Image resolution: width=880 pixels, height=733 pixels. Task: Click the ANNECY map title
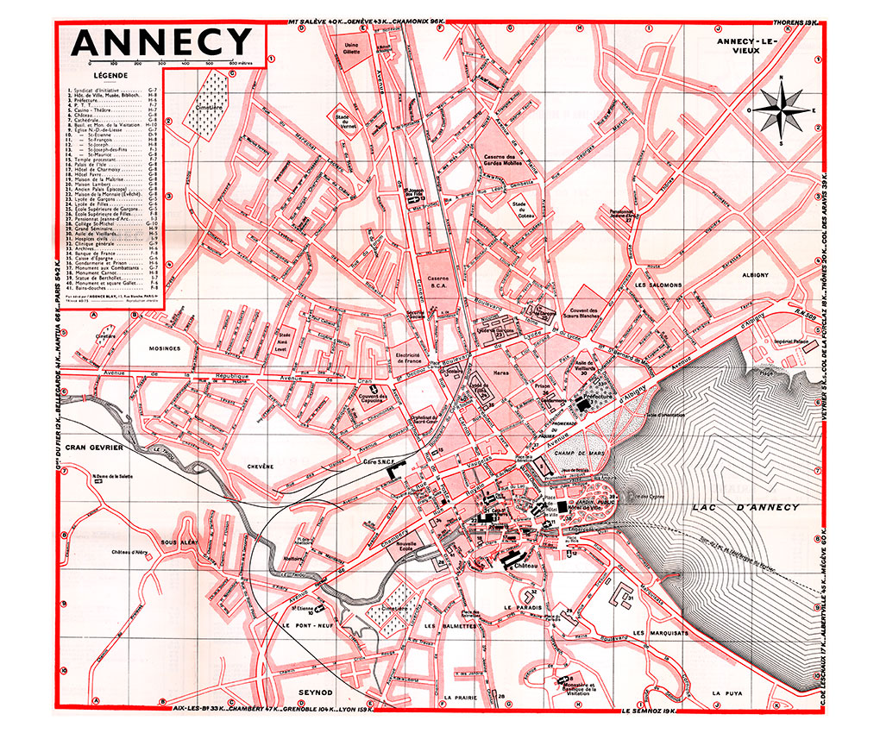(161, 41)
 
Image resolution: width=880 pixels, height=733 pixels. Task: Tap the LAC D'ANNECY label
(745, 508)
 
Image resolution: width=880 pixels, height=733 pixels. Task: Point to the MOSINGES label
(163, 348)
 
